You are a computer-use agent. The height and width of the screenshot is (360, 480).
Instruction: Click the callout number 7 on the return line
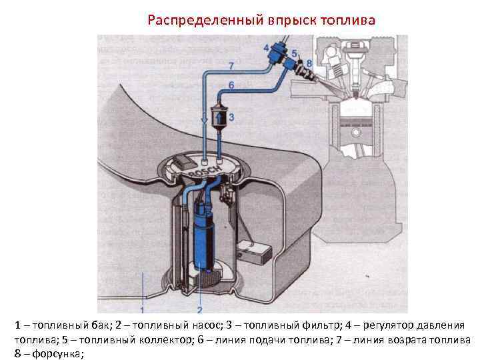[231, 65]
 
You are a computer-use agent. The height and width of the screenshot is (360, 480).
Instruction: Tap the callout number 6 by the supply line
[231, 85]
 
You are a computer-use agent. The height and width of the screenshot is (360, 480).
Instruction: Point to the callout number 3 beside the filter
[231, 117]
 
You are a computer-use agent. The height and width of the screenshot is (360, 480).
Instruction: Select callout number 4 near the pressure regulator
[267, 47]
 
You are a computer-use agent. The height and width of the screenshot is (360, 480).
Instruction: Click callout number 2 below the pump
[199, 310]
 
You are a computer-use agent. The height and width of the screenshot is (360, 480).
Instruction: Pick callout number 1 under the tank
[143, 310]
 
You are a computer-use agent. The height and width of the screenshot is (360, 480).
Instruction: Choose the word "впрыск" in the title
[290, 20]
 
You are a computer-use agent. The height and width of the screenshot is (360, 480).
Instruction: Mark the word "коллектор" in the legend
[160, 339]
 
